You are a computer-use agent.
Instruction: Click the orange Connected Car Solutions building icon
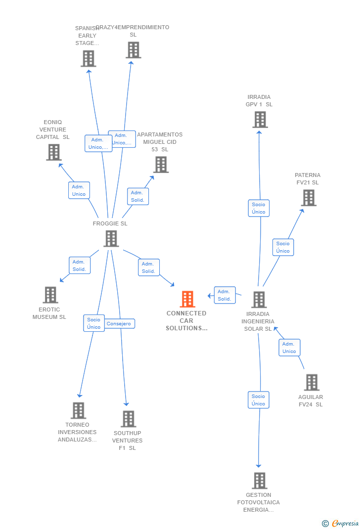click(x=187, y=299)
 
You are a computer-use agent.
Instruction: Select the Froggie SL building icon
click(x=111, y=238)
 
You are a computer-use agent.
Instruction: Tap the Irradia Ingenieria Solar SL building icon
click(x=259, y=299)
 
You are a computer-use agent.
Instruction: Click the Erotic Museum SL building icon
click(x=50, y=295)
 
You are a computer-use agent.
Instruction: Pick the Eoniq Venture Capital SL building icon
click(x=53, y=152)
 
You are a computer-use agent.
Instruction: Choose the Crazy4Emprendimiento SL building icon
click(x=133, y=50)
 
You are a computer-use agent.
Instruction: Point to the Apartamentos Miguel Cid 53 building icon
click(x=161, y=164)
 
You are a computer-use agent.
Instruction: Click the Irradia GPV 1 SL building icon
click(x=260, y=119)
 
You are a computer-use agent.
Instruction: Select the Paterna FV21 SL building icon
click(x=309, y=197)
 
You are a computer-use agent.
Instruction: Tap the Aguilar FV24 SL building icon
click(x=311, y=382)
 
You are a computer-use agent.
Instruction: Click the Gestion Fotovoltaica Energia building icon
click(x=259, y=480)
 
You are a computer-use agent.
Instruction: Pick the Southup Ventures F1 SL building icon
click(x=128, y=419)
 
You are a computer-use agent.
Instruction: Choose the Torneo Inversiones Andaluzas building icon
click(x=78, y=410)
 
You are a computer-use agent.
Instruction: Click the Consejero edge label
click(x=119, y=324)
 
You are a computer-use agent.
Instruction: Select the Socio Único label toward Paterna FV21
click(x=283, y=247)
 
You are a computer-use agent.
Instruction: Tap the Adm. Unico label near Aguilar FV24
click(x=289, y=348)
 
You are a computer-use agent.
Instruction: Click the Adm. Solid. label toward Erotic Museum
click(x=79, y=265)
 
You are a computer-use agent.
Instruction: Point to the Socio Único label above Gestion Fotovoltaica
click(x=258, y=400)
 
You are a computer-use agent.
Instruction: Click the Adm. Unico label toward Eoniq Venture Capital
click(x=79, y=190)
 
